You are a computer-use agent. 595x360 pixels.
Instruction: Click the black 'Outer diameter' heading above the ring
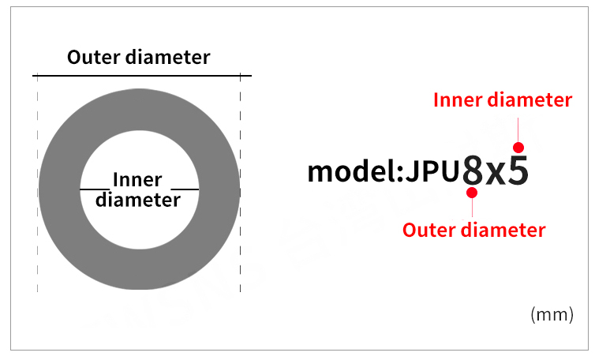(x=139, y=58)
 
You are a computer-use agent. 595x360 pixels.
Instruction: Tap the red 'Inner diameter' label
(x=503, y=100)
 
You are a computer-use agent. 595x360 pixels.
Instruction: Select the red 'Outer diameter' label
(x=473, y=230)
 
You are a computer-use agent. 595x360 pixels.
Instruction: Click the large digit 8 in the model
(x=472, y=171)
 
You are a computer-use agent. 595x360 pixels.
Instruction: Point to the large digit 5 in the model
(x=518, y=171)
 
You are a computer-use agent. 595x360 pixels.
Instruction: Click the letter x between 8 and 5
(x=496, y=174)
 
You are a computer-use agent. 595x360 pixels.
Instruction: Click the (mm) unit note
(x=552, y=315)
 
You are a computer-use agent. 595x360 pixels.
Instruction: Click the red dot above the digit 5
(x=518, y=147)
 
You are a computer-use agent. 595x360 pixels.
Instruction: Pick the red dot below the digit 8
(x=472, y=193)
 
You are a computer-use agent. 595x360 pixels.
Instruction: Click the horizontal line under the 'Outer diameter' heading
(x=142, y=76)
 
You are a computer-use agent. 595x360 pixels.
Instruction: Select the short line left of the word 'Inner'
(x=94, y=189)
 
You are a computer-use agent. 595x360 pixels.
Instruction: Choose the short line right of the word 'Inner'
(x=185, y=189)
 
